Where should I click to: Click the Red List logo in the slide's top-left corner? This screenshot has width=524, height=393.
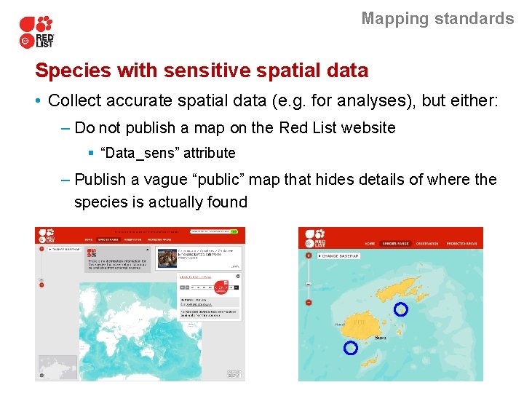pyautogui.click(x=36, y=31)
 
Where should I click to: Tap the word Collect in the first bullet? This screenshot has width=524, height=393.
pyautogui.click(x=74, y=100)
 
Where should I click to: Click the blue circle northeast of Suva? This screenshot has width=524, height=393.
pyautogui.click(x=400, y=309)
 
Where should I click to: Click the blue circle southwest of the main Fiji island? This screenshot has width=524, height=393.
pyautogui.click(x=350, y=348)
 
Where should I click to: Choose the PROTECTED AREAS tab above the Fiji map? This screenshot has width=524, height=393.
pyautogui.click(x=461, y=244)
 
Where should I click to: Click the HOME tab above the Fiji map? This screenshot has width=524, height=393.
pyautogui.click(x=370, y=244)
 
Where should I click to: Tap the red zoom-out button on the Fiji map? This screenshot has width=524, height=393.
pyautogui.click(x=309, y=302)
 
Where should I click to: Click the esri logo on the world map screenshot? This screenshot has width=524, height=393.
pyautogui.click(x=234, y=374)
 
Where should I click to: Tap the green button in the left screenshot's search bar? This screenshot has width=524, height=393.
pyautogui.click(x=234, y=231)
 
